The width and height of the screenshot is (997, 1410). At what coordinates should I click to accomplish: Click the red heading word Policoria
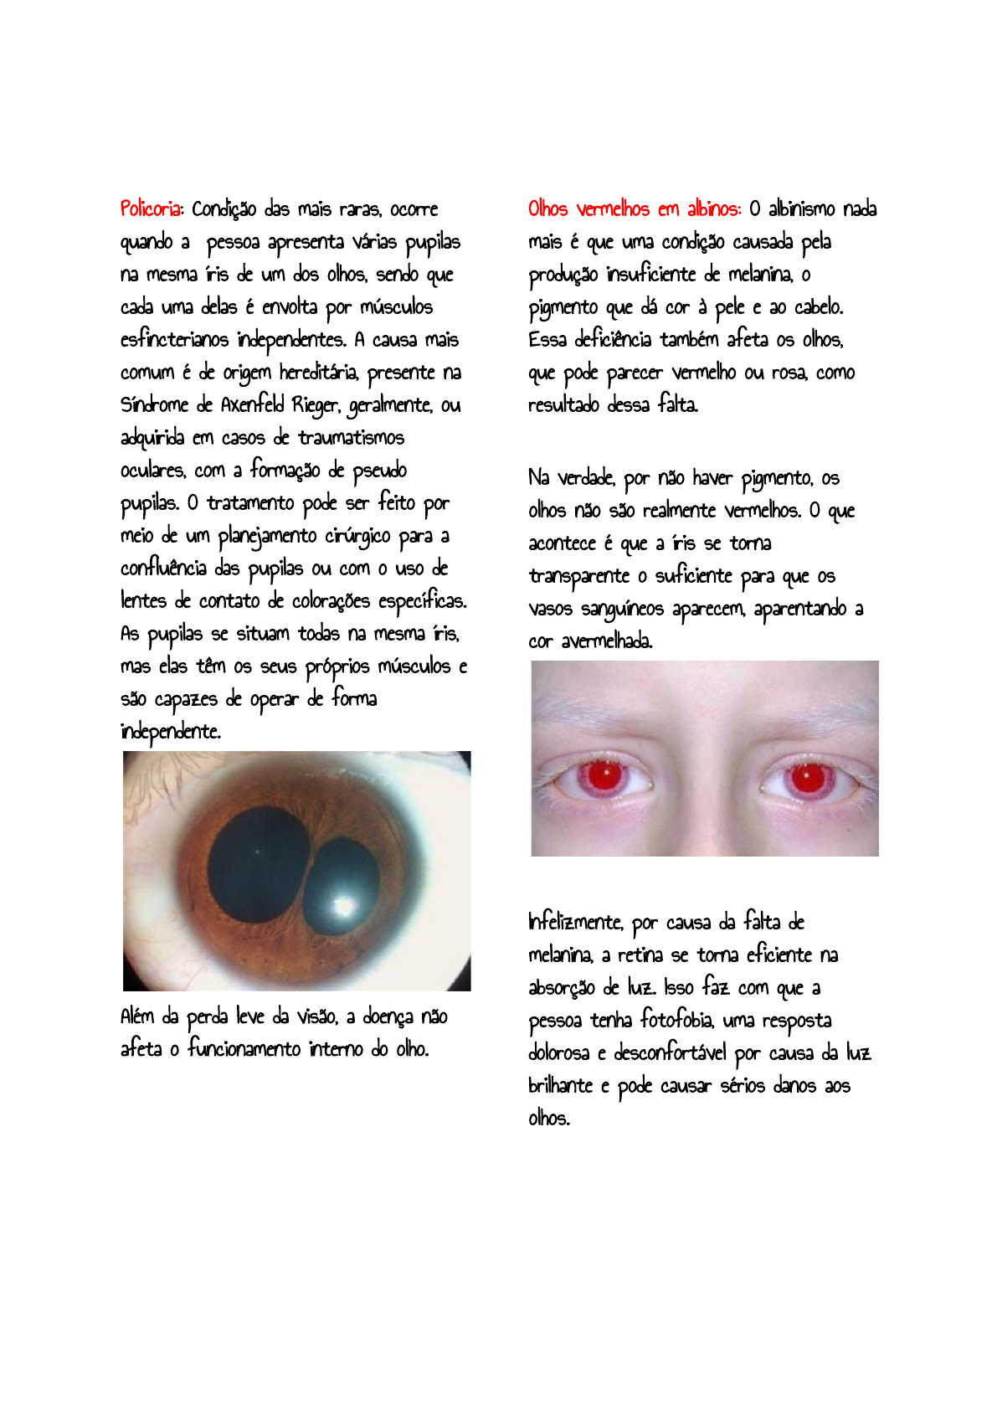point(151,208)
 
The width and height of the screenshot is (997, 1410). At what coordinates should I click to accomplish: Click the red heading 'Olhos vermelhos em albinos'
point(634,208)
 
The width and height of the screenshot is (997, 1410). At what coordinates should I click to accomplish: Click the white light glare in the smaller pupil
point(343,904)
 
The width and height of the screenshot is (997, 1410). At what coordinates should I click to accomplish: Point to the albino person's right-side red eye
point(808,776)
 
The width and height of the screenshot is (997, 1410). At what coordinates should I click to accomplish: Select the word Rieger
point(316,405)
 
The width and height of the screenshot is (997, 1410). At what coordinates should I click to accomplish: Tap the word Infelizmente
point(575,922)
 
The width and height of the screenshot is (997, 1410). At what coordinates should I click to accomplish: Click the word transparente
point(578,576)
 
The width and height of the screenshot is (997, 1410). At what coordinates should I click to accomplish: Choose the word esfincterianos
point(174,340)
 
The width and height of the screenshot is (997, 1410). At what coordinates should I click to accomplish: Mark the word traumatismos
point(351,438)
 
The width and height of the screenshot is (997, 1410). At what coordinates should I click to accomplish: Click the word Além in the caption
point(137,1016)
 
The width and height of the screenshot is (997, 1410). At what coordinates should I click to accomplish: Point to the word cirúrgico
point(357,536)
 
